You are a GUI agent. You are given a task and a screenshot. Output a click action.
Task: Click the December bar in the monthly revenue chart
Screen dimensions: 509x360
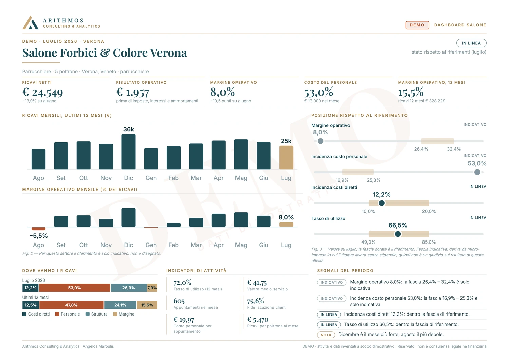tap(129, 152)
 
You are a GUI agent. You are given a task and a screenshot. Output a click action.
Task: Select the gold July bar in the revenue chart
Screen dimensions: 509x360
tap(286, 158)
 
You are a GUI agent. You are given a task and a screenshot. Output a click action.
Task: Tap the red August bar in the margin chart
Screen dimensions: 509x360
tap(38, 229)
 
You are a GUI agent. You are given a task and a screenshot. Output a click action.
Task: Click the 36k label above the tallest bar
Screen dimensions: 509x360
tap(129, 129)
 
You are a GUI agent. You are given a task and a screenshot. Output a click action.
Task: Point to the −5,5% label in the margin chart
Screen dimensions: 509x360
tap(38, 236)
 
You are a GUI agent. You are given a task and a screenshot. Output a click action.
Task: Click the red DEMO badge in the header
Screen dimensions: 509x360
tap(417, 25)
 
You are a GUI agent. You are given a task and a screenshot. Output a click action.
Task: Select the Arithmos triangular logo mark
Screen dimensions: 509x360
tap(31, 22)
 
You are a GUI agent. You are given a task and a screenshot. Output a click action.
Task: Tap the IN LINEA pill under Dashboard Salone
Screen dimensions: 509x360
tap(471, 43)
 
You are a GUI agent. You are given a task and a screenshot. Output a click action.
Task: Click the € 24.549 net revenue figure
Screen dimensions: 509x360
tap(42, 92)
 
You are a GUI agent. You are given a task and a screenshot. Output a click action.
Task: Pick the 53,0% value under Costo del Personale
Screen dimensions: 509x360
tap(319, 92)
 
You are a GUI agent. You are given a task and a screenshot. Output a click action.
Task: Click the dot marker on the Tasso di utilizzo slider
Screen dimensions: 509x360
tap(398, 234)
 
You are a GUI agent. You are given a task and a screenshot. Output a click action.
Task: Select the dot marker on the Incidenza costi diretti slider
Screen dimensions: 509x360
tap(382, 203)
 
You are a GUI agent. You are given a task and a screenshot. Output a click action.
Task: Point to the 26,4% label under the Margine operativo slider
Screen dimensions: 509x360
tap(421, 149)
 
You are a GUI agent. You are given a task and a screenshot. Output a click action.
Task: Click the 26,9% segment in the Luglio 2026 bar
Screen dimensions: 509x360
tap(129, 288)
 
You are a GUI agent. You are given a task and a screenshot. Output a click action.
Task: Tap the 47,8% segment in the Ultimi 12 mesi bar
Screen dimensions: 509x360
tap(71, 305)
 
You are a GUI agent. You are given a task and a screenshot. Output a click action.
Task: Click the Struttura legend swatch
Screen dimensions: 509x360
tap(88, 314)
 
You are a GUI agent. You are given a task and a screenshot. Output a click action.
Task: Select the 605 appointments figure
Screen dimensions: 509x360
tap(179, 301)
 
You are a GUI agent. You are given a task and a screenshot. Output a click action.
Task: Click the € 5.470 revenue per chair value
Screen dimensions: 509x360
tap(258, 320)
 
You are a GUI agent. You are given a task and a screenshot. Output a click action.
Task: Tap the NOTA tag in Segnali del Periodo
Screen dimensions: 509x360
tap(326, 335)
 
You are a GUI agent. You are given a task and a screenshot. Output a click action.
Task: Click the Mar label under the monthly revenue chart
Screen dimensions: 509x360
tap(196, 178)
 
